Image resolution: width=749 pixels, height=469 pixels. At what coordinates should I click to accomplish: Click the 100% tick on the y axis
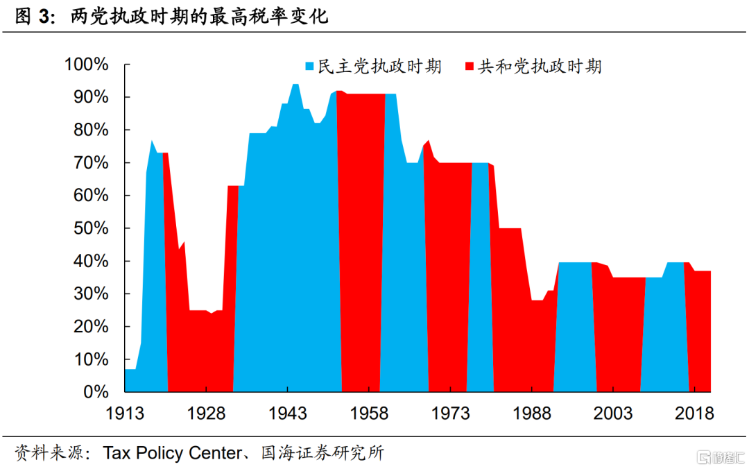tap(86, 65)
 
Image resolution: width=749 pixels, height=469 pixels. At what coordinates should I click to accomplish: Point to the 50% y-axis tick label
tap(90, 228)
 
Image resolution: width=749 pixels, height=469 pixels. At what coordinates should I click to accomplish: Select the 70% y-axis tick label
tap(90, 163)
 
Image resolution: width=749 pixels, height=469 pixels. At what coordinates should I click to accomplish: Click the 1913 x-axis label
tap(124, 413)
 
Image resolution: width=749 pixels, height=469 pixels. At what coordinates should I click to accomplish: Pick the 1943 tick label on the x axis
tap(287, 413)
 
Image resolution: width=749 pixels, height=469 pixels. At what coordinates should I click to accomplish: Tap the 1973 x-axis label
tap(450, 413)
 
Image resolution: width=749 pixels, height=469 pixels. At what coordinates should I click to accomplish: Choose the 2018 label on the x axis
tap(694, 413)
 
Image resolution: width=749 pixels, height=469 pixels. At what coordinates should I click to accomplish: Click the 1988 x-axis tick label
tap(532, 413)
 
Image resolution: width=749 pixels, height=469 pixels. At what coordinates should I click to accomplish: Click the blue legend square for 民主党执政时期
tap(309, 67)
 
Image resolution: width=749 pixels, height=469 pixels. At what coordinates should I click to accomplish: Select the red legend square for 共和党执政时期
tap(470, 67)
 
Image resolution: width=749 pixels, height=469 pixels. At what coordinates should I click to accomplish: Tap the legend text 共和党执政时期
tap(540, 67)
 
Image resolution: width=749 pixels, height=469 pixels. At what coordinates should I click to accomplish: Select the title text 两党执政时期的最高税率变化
tap(199, 17)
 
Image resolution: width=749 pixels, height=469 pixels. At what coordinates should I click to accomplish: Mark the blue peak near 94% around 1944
tap(295, 86)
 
